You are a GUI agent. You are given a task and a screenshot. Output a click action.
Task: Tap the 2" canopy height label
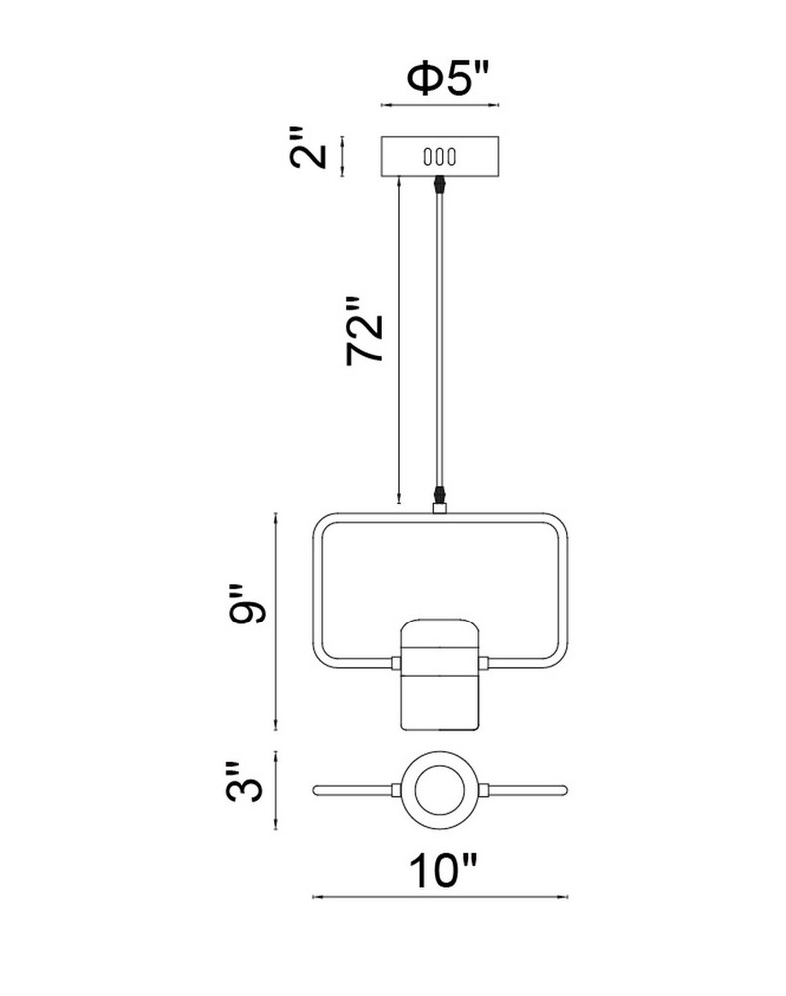click(309, 148)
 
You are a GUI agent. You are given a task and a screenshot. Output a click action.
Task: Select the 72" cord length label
click(365, 331)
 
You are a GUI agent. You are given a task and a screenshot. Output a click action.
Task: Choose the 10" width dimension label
click(443, 871)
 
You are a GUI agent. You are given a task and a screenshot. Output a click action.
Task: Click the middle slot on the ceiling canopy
click(439, 156)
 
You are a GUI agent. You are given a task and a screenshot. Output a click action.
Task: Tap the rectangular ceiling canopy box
click(439, 156)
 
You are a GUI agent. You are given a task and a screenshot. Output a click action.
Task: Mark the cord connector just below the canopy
click(439, 184)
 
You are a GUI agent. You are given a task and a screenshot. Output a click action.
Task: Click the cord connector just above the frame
click(439, 494)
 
